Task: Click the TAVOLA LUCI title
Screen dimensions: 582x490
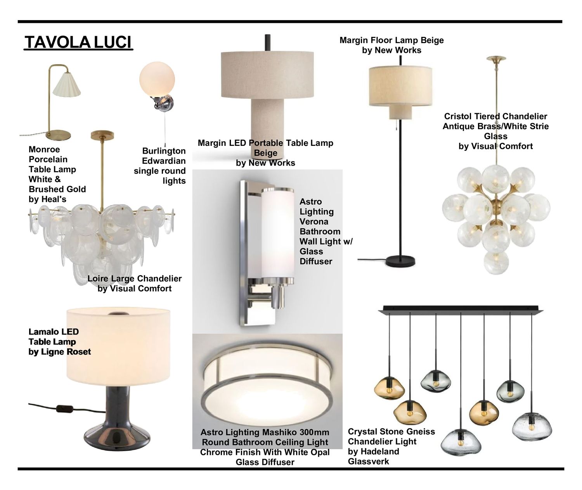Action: [x=78, y=42]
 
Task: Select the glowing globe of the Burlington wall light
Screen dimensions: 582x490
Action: [x=157, y=79]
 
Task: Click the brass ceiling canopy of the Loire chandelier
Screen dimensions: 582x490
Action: [x=102, y=135]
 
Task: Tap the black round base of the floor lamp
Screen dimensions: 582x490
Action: [x=400, y=261]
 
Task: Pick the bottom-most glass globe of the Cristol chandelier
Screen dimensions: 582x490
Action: [x=496, y=263]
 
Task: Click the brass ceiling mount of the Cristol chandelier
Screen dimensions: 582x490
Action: [x=496, y=59]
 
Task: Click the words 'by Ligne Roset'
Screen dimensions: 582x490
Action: [x=60, y=352]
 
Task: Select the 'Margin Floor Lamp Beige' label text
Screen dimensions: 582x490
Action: [x=391, y=40]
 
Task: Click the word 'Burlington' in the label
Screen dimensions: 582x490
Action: [x=164, y=151]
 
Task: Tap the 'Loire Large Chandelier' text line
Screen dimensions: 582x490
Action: [x=135, y=279]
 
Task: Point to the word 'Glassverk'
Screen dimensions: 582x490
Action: [x=368, y=461]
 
